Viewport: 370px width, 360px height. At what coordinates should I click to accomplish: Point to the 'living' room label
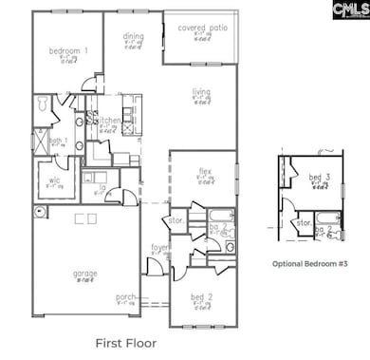tap(201, 92)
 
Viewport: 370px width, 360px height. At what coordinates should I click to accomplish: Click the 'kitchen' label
tap(108, 121)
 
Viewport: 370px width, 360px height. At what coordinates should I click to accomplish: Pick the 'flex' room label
tap(204, 171)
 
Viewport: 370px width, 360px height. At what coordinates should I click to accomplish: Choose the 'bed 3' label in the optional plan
tap(315, 178)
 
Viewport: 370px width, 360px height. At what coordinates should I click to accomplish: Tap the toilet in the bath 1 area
tap(41, 104)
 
